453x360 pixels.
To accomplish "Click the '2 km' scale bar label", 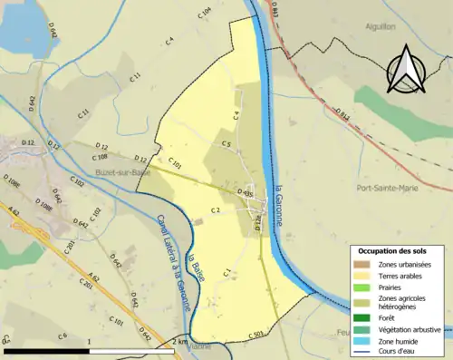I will pos(180,342).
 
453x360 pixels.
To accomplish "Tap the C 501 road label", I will pos(257,336).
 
